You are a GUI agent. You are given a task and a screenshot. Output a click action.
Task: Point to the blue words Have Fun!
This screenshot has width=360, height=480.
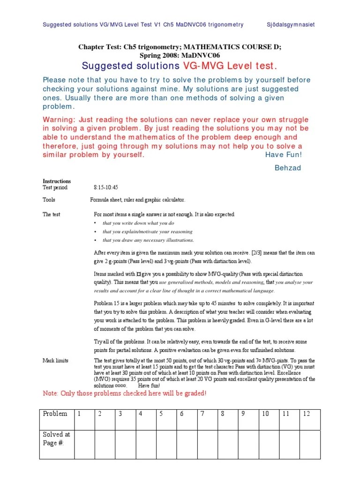(284, 155)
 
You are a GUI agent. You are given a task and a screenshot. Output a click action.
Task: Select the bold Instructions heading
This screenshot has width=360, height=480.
(57, 181)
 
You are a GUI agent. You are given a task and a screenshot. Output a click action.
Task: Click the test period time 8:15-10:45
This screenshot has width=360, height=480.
(106, 187)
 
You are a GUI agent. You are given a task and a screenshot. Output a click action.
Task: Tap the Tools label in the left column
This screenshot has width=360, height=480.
(49, 200)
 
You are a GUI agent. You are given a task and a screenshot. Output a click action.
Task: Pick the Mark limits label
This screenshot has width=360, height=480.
(55, 360)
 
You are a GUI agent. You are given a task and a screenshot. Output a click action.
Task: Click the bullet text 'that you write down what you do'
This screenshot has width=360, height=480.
(138, 223)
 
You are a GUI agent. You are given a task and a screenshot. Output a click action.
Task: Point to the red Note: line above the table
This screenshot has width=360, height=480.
(124, 393)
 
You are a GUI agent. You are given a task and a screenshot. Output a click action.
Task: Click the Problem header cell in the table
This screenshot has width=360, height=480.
(55, 414)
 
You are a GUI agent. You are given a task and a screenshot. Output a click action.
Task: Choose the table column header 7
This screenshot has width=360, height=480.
(202, 414)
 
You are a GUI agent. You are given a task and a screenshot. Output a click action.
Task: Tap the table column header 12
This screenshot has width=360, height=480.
(307, 414)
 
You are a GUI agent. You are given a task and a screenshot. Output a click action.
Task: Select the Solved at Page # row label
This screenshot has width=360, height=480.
(56, 438)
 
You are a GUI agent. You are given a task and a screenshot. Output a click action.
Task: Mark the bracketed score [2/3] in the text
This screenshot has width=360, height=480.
(244, 253)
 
